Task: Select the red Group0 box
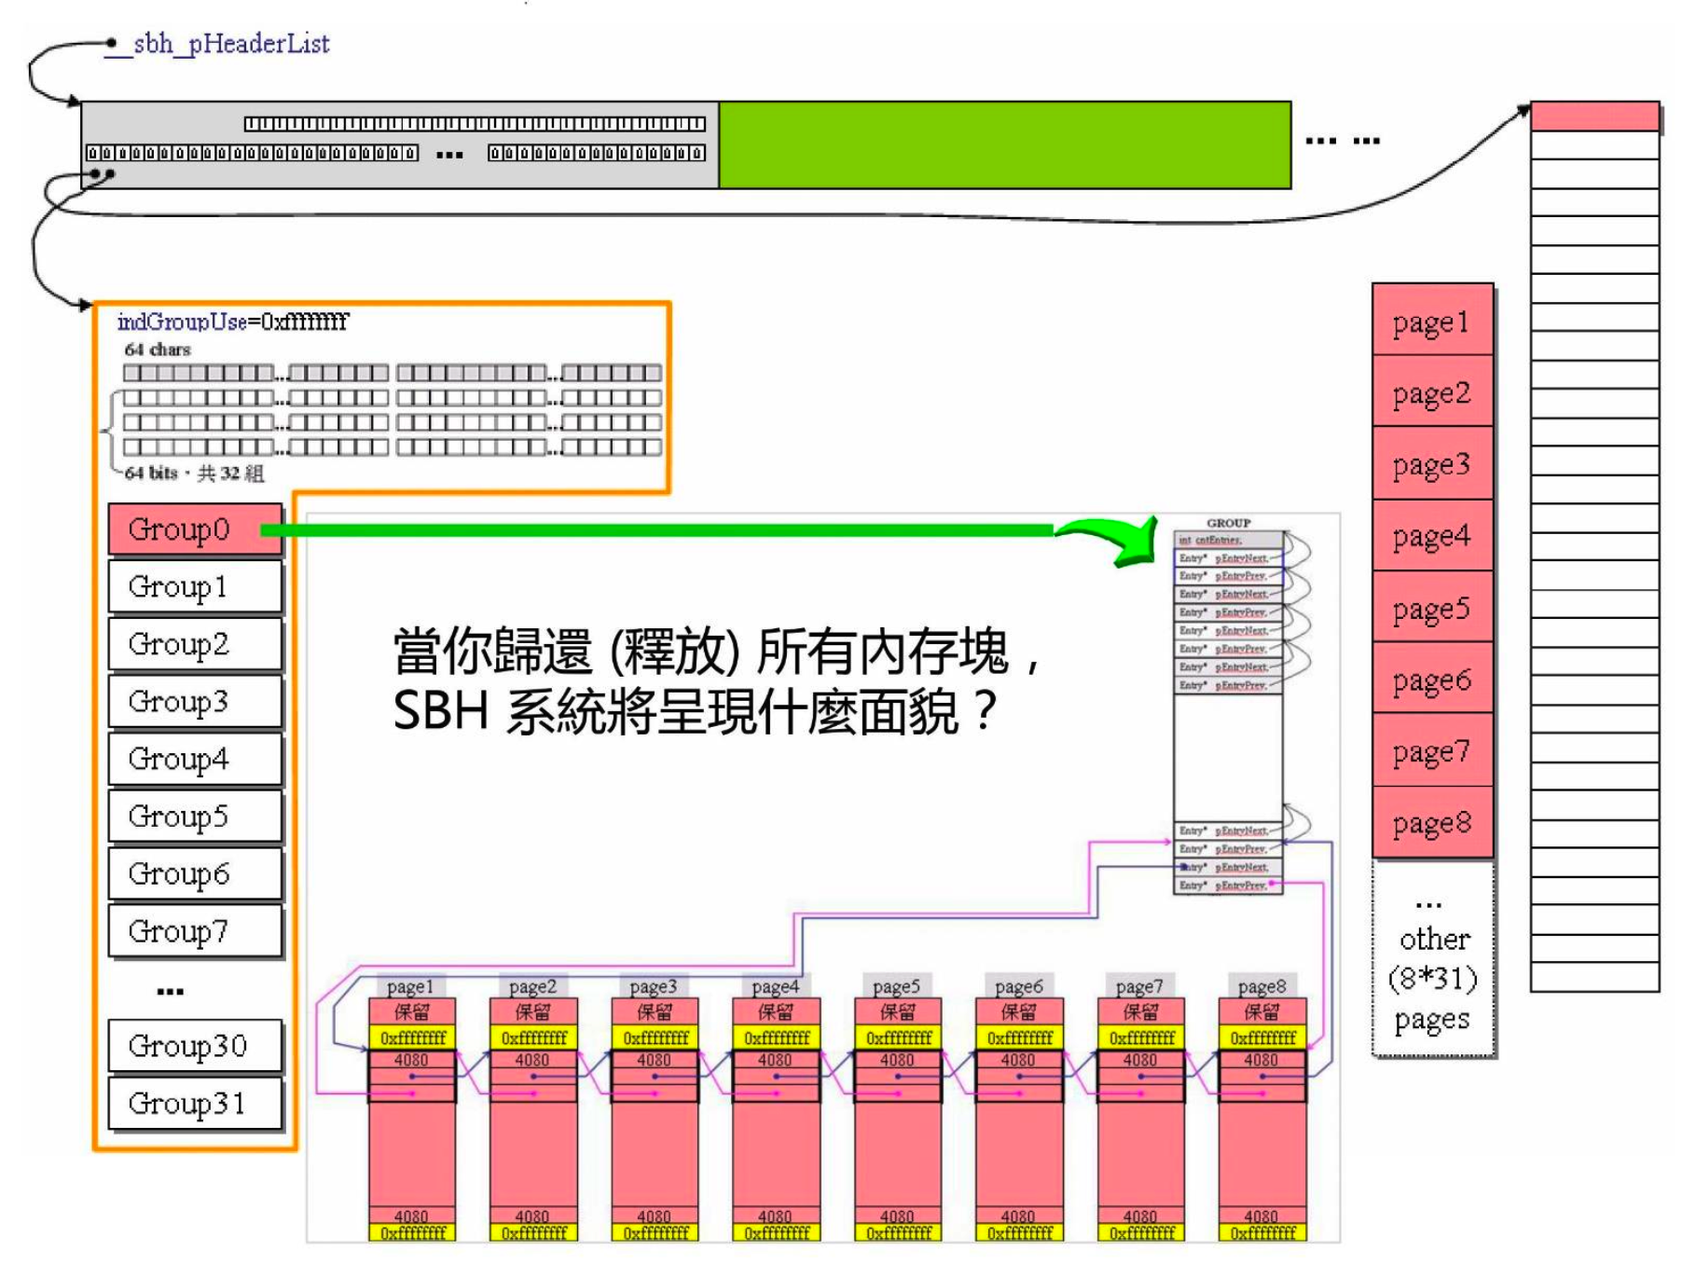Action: pyautogui.click(x=195, y=529)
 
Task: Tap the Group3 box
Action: pyautogui.click(x=195, y=702)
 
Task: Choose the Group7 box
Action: pyautogui.click(x=195, y=931)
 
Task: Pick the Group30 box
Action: pyautogui.click(x=195, y=1046)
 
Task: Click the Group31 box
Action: pyautogui.click(x=195, y=1104)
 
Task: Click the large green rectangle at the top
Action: pyautogui.click(x=1004, y=145)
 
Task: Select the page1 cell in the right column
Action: pyautogui.click(x=1432, y=322)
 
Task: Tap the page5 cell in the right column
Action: pyautogui.click(x=1432, y=609)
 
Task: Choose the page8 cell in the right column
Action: pyautogui.click(x=1432, y=823)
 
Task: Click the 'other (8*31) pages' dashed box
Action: pyautogui.click(x=1434, y=960)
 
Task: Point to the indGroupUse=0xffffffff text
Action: pyautogui.click(x=232, y=322)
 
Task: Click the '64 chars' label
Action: pyautogui.click(x=158, y=350)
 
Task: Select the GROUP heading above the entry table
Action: pyautogui.click(x=1228, y=523)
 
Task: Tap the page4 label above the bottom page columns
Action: pyautogui.click(x=776, y=986)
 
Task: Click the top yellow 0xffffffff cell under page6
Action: pyautogui.click(x=1019, y=1037)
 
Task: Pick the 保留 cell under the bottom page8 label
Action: pyautogui.click(x=1261, y=1012)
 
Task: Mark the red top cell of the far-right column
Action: pyautogui.click(x=1594, y=117)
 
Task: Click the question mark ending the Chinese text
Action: pyautogui.click(x=985, y=710)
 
